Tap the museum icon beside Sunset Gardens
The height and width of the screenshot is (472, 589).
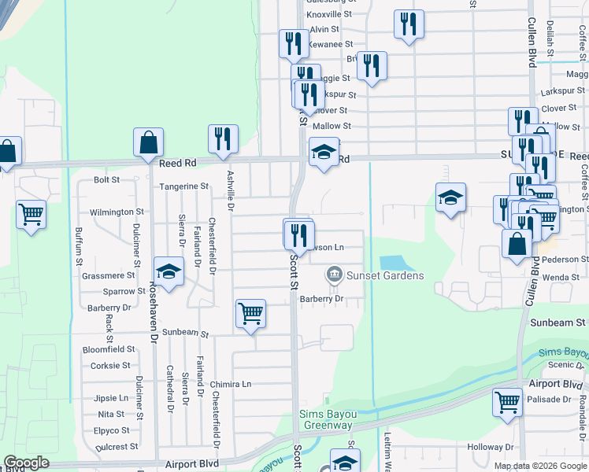pyautogui.click(x=334, y=275)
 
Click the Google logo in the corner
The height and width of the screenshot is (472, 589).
pyautogui.click(x=26, y=463)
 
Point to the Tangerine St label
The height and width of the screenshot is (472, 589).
pyautogui.click(x=183, y=186)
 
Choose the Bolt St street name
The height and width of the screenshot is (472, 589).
pyautogui.click(x=106, y=179)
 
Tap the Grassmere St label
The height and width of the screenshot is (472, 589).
pyautogui.click(x=109, y=275)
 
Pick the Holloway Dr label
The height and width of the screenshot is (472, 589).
pyautogui.click(x=490, y=447)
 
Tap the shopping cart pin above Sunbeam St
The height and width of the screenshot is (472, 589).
pyautogui.click(x=250, y=314)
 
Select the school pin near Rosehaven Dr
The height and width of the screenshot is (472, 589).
pyautogui.click(x=169, y=272)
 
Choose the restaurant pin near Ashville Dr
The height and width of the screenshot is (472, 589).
pyautogui.click(x=223, y=139)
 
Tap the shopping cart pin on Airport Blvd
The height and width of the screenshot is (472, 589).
pyautogui.click(x=507, y=402)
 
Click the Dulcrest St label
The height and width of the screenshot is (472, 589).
pyautogui.click(x=117, y=446)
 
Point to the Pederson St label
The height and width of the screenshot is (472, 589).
pyautogui.click(x=560, y=259)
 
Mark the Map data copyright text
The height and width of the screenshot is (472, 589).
pyautogui.click(x=539, y=466)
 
